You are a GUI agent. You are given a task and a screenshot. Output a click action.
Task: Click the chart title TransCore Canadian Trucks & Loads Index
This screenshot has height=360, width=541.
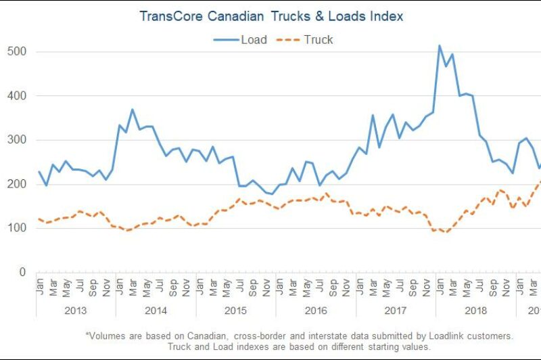(270, 16)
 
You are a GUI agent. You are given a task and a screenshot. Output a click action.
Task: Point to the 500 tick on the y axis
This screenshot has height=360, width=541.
(18, 52)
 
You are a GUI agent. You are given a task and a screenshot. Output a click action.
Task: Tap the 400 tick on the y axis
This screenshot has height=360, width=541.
(18, 96)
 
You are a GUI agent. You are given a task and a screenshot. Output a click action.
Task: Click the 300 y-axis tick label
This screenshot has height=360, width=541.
(18, 140)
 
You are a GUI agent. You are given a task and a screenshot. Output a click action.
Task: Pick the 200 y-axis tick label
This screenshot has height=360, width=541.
(18, 184)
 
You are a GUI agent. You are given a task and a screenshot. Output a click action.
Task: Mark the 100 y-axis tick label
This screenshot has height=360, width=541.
(18, 228)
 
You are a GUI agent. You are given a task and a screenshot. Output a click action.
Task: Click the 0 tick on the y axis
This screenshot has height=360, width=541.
(22, 272)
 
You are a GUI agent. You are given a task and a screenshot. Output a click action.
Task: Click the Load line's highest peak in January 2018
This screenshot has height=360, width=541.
(440, 45)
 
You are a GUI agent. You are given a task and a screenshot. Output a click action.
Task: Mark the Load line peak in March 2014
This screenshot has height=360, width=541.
(133, 109)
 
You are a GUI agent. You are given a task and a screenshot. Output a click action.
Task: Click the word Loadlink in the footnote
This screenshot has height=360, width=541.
(429, 336)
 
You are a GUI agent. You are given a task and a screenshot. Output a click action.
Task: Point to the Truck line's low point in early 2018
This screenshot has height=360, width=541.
(446, 232)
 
